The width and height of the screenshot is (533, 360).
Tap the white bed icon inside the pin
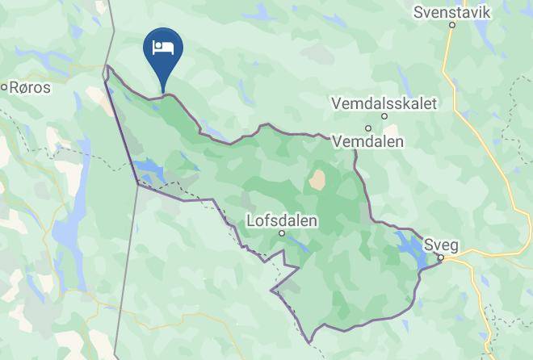click(163, 45)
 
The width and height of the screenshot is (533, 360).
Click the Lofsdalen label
click(282, 220)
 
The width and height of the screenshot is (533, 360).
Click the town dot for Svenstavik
click(452, 25)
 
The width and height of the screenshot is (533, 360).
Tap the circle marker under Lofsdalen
click(282, 233)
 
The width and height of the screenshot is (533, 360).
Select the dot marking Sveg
click(441, 257)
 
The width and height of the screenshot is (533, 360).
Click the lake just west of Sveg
click(410, 249)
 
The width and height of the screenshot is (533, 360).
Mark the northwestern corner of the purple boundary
click(107, 67)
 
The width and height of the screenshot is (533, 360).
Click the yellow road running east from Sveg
click(493, 254)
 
